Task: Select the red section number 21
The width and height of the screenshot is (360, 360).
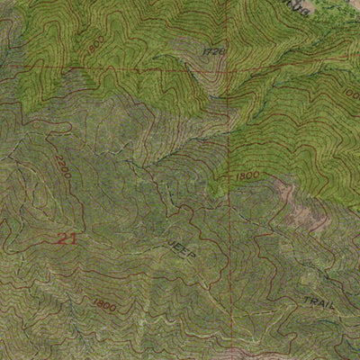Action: coord(66,238)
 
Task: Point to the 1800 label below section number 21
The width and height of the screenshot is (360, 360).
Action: coord(104,306)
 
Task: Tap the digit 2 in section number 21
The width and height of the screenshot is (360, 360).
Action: coord(61,238)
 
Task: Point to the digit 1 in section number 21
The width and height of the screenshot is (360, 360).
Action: coord(72,238)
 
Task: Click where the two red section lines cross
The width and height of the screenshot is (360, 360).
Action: coord(228,70)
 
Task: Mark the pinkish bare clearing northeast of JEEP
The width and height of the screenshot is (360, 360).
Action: coord(286,192)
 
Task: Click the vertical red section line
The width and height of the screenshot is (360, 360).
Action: coord(228,225)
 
